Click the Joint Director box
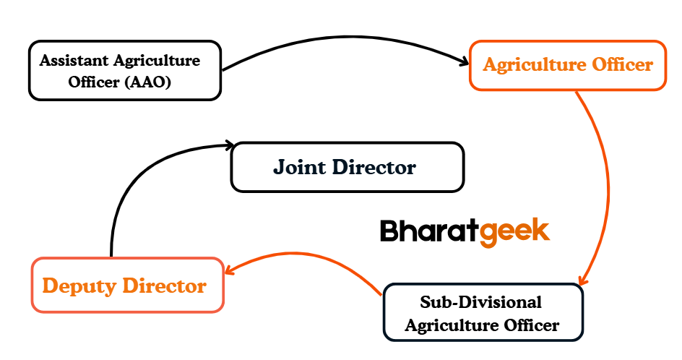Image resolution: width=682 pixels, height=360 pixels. [x=347, y=167]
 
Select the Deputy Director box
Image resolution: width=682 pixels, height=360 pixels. [x=127, y=285]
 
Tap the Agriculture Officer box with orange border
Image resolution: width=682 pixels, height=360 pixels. [x=567, y=65]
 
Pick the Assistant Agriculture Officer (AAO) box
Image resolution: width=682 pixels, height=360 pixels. [x=124, y=71]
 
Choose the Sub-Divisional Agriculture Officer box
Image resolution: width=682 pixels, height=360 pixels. [x=482, y=312]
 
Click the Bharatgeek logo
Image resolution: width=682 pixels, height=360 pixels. [x=465, y=231]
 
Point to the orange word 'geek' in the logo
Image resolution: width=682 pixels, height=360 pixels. [x=515, y=232]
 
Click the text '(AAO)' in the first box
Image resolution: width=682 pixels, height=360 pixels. [x=147, y=82]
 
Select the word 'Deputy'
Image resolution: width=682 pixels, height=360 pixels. [x=77, y=286]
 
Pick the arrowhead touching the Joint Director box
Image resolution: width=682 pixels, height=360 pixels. [x=229, y=145]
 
